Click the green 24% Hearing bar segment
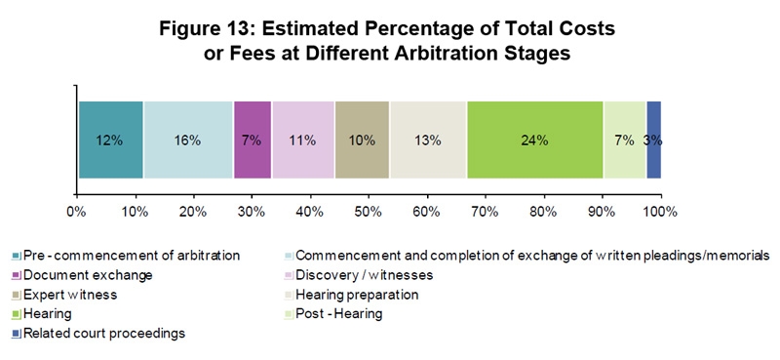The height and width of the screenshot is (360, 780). click(534, 140)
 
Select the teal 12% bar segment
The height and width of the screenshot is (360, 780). click(110, 140)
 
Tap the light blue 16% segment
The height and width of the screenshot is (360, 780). click(188, 140)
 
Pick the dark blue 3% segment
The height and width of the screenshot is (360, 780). click(654, 140)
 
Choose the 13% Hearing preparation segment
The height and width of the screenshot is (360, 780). click(428, 140)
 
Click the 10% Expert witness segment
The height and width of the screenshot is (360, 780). click(362, 140)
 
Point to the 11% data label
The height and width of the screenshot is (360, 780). click(303, 140)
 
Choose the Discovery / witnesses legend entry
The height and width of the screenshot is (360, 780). click(364, 275)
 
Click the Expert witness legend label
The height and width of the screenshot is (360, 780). click(72, 295)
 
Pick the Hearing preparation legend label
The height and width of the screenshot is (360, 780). click(357, 295)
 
